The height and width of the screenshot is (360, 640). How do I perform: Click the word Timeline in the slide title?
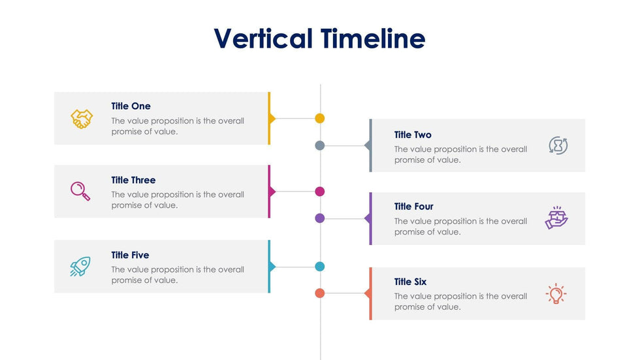373,39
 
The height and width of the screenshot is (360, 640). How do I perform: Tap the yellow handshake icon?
82,119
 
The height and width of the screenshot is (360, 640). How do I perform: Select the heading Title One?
131,106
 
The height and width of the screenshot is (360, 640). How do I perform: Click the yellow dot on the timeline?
319,118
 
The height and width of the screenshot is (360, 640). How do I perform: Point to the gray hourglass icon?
558,145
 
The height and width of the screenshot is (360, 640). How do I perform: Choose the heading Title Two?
413,135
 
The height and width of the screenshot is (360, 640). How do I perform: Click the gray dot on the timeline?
319,145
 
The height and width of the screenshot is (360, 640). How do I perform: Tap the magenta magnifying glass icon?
80,191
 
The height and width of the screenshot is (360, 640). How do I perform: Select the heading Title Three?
133,180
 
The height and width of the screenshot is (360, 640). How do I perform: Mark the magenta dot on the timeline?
319,191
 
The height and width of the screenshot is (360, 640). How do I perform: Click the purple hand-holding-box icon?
556,218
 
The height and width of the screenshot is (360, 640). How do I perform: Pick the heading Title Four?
413,206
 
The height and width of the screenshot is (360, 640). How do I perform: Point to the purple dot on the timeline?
319,218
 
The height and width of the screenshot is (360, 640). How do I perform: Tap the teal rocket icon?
80,267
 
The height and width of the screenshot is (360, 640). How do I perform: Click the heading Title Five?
130,255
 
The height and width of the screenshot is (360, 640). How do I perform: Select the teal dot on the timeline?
319,267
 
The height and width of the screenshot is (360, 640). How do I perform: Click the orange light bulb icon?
556,293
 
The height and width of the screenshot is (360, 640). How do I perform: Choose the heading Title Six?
410,282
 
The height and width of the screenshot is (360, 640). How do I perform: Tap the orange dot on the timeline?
319,293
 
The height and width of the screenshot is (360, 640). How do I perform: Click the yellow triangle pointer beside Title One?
272,119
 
